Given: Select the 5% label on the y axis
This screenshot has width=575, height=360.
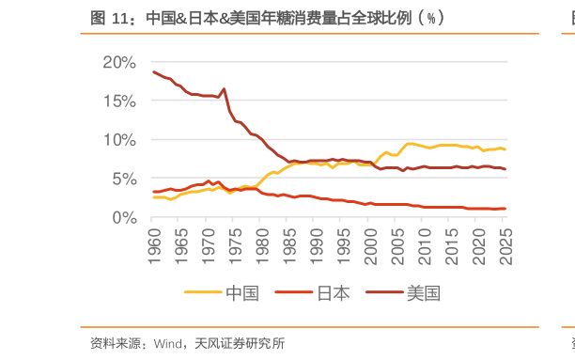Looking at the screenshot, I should (x=122, y=179).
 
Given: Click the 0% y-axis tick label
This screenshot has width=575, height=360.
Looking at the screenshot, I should (x=122, y=217).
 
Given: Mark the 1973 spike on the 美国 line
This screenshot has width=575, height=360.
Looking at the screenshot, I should (x=224, y=89).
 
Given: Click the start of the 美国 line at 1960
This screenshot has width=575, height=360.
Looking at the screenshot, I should (x=153, y=72).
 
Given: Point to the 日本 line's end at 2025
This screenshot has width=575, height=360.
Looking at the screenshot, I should (x=505, y=209).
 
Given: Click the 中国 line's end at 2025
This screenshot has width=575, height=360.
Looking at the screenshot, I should (x=505, y=149).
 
